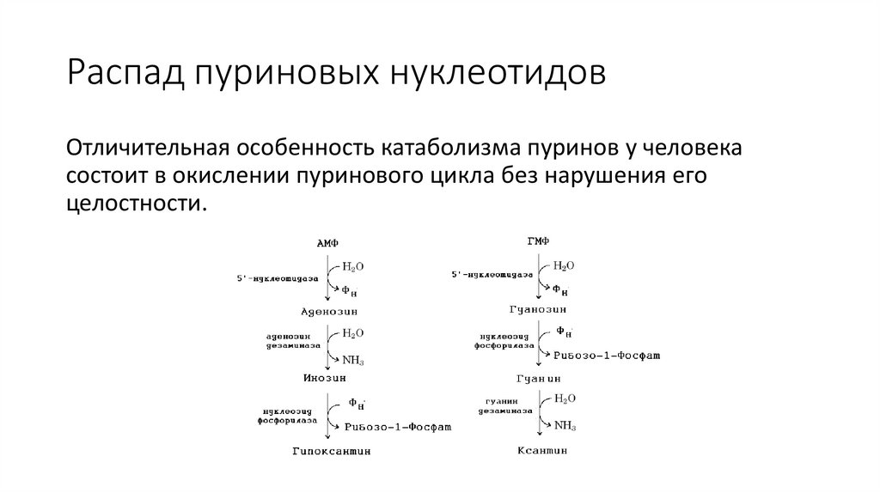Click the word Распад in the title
[x=121, y=73]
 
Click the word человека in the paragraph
[x=681, y=148]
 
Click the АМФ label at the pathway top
[x=328, y=245]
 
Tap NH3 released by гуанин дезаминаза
[x=565, y=424]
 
